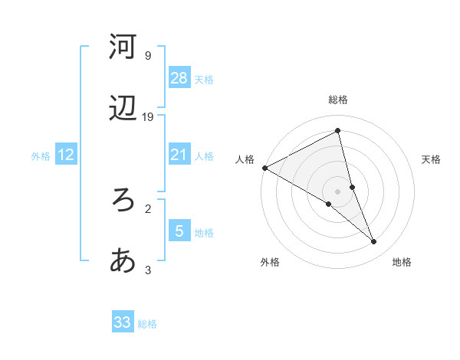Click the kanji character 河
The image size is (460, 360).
coord(123,47)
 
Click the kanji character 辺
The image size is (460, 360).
coord(123,110)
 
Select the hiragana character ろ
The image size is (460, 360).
coord(123,200)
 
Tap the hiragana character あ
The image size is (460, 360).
coord(123,261)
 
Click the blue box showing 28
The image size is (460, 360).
coord(179,78)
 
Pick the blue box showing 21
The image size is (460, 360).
coord(179,155)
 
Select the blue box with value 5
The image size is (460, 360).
coord(179,231)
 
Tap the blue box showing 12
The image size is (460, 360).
coord(66,155)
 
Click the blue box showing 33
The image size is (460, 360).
coord(123,322)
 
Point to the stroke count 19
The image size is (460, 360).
coord(149,116)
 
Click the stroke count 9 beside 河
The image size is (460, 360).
coord(148,55)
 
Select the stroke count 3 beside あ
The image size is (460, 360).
coord(148,270)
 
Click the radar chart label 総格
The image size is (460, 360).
coord(338,100)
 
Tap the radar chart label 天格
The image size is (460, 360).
coord(432,159)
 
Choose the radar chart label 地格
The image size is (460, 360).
coord(402,262)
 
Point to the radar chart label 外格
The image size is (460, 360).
coord(270,262)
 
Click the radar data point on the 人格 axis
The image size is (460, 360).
coord(264,168)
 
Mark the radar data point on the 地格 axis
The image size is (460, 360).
coord(374,242)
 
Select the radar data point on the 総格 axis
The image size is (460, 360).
coord(338,130)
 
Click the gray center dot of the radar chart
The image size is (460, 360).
coord(338,191)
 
